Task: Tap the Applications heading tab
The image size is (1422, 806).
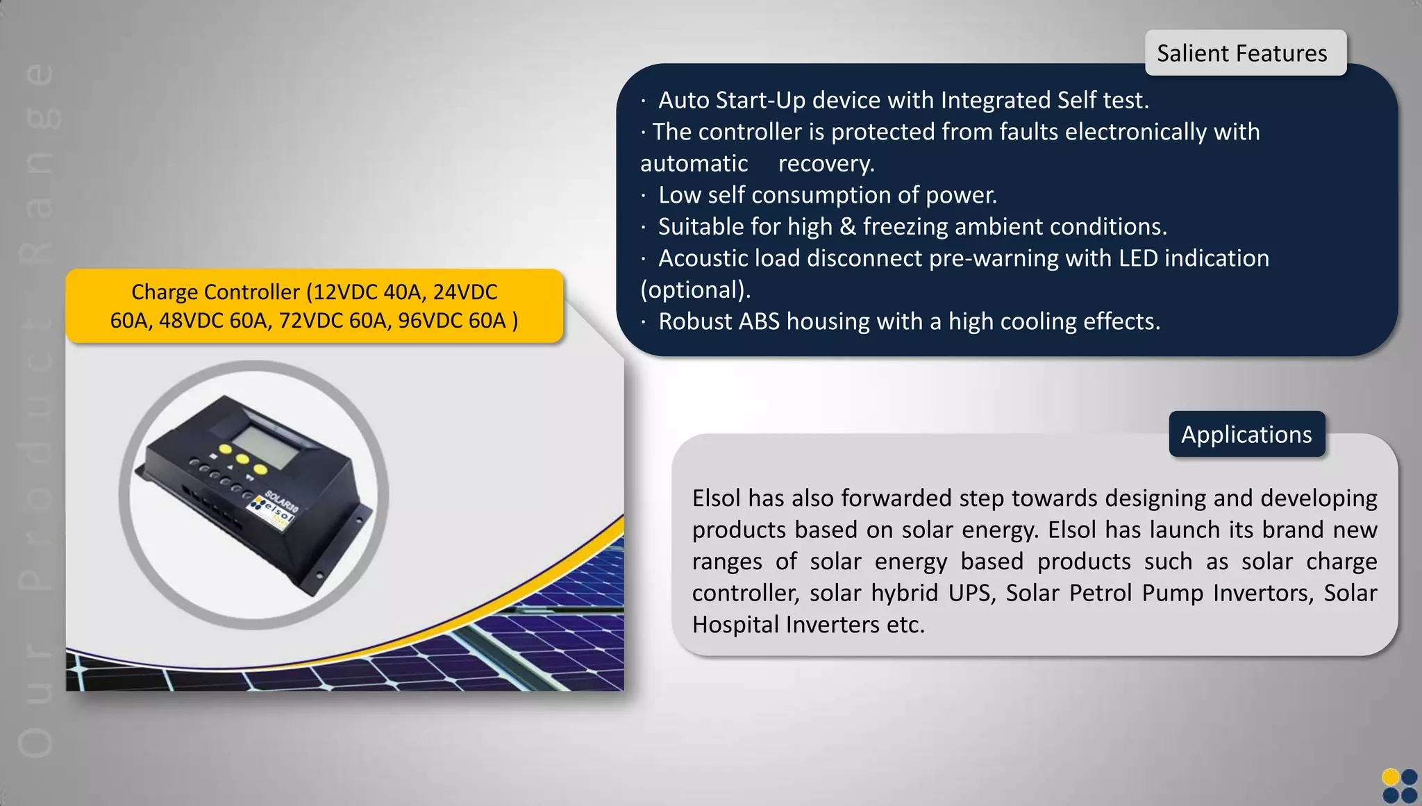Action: coord(1246,435)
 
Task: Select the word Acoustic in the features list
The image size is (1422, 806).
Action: coord(703,258)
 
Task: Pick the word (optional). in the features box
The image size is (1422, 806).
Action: coord(695,290)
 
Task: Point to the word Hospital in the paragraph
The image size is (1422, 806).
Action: coord(736,625)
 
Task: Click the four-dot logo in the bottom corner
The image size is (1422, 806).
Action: coord(1399,785)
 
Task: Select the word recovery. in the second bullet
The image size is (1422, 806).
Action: coord(826,164)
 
